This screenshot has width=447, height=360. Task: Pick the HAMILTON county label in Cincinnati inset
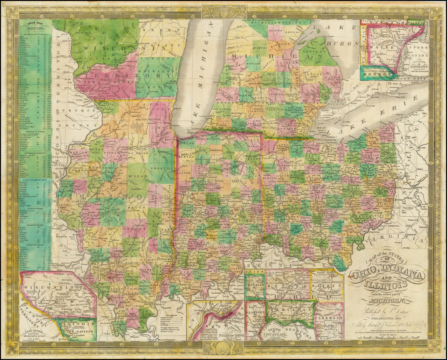tap(290, 308)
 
